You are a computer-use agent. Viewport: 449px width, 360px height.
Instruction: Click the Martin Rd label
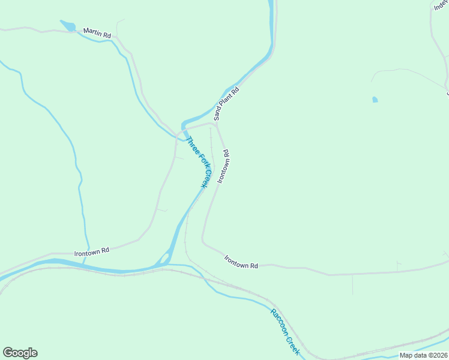pos(97,33)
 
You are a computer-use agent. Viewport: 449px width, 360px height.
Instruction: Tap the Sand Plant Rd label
pos(226,104)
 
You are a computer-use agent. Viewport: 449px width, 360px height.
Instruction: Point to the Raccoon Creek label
pos(285,331)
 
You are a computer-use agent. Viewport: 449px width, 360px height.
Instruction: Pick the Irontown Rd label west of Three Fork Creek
pos(91,252)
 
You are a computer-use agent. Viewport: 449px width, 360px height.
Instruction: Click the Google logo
pos(20,353)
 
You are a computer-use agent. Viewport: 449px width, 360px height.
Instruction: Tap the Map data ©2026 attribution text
pos(423,355)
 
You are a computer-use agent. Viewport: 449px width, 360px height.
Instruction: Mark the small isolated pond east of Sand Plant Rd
pos(375,100)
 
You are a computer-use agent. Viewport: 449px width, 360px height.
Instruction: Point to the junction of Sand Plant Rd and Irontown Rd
pos(215,124)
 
